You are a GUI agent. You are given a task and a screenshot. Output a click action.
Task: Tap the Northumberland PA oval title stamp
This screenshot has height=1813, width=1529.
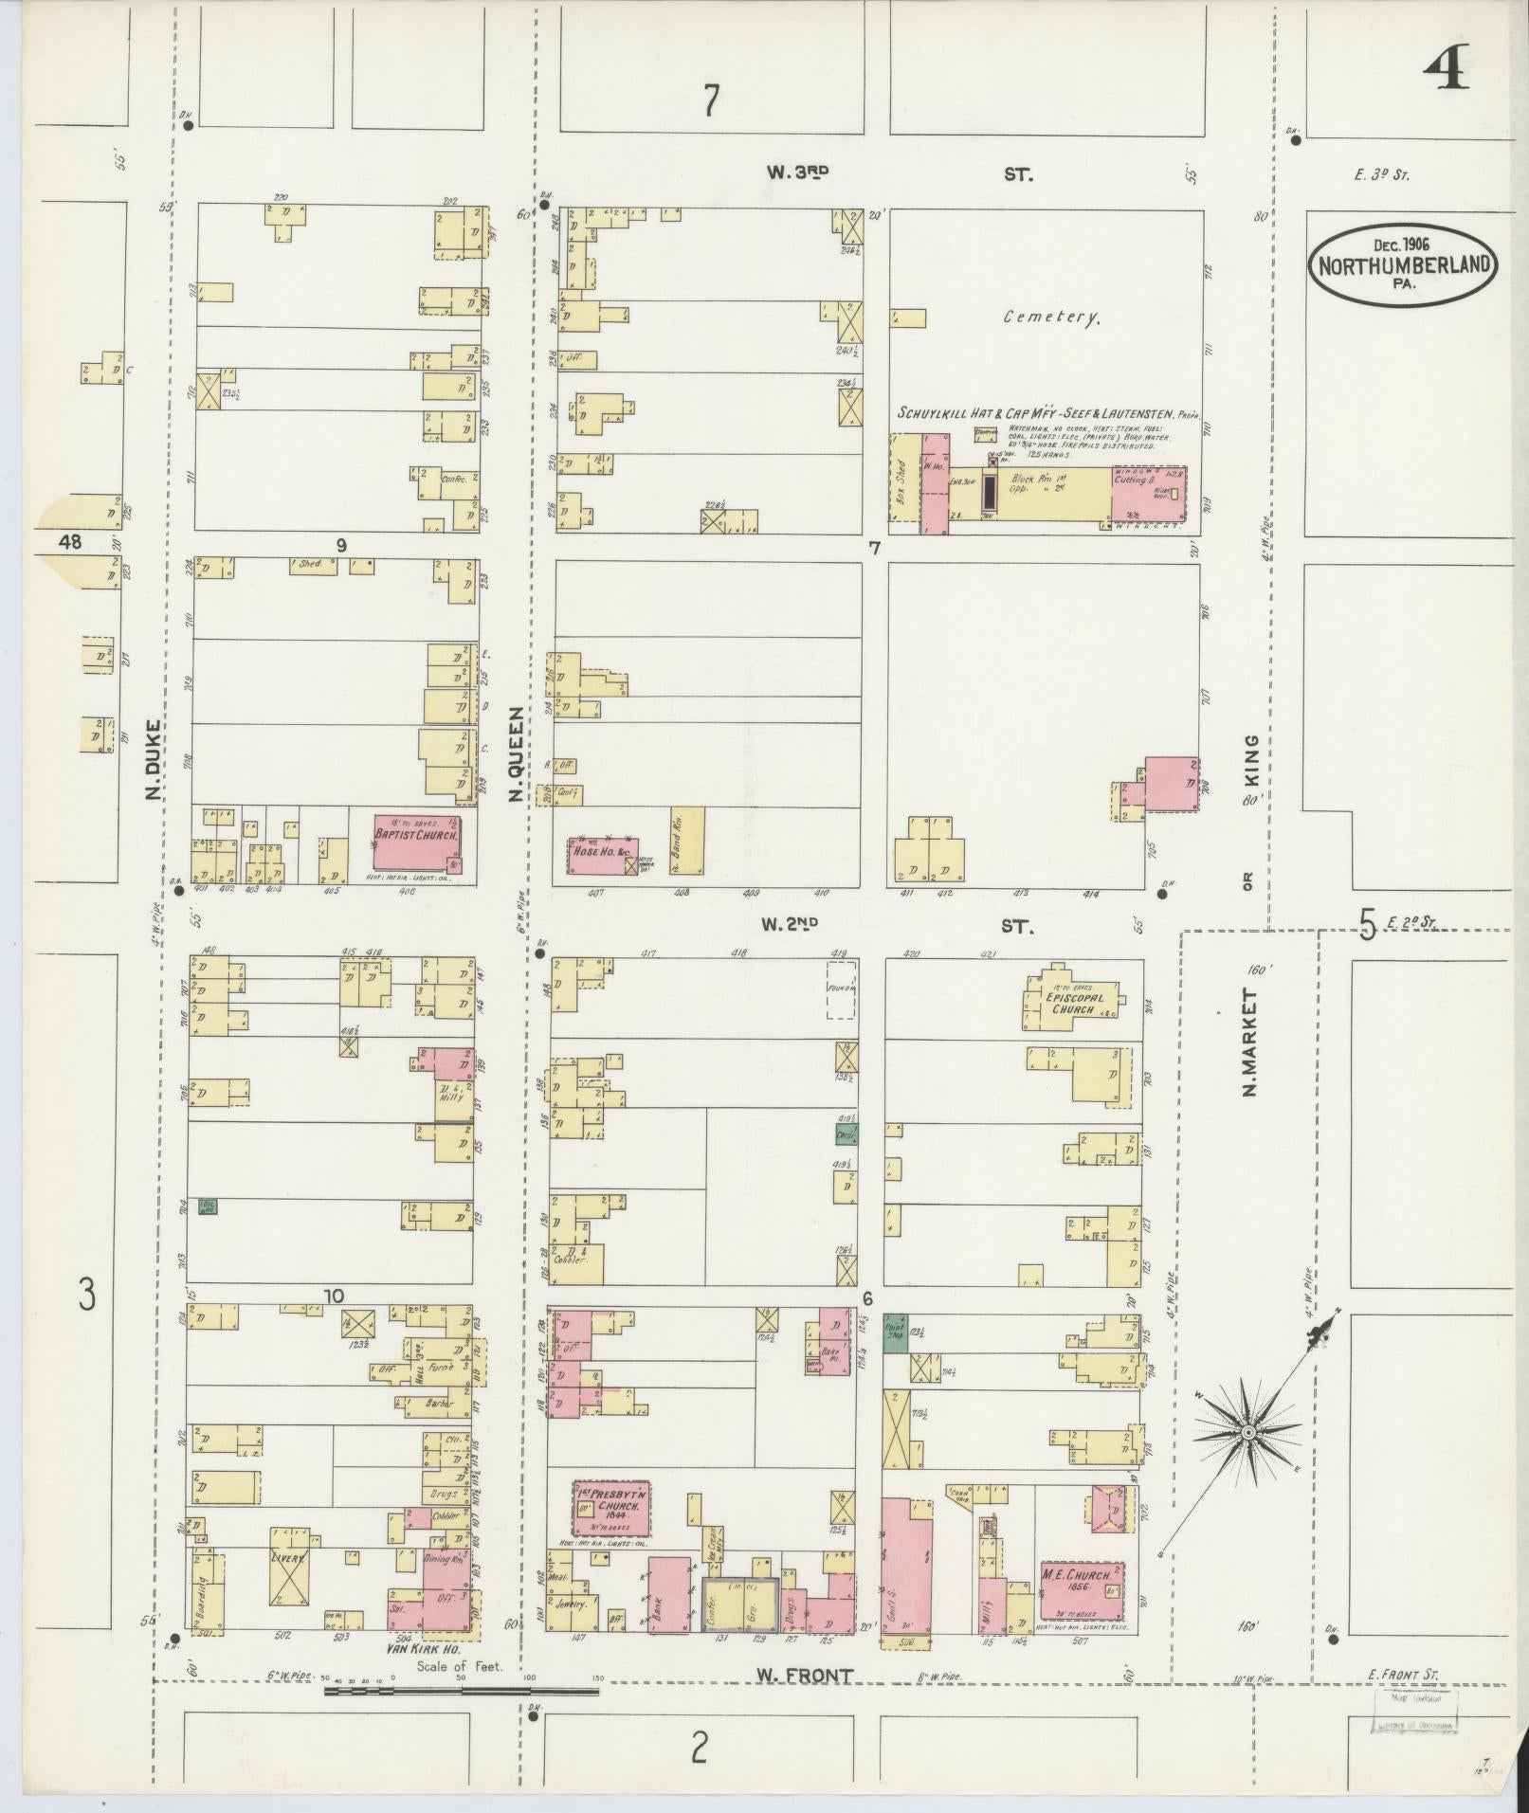pos(1403,266)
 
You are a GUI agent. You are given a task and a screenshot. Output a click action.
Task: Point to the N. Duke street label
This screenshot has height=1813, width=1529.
pos(153,758)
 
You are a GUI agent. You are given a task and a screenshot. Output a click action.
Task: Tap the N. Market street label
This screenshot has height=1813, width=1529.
pos(1250,1043)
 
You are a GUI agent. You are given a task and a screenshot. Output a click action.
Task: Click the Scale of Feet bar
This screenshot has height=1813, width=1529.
pos(427,1689)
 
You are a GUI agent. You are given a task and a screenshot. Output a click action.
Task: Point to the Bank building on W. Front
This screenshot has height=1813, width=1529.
pos(667,1595)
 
